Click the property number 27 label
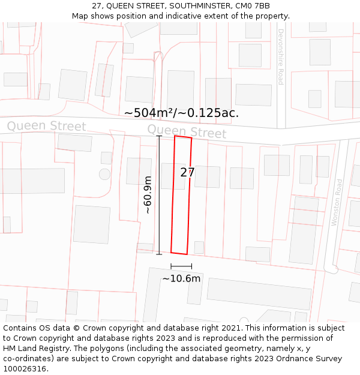(x=187, y=173)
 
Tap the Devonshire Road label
(x=280, y=57)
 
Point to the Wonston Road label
(x=337, y=202)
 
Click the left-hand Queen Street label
(x=46, y=126)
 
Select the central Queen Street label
(x=187, y=131)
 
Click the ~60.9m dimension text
(x=148, y=195)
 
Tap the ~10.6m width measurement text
(x=181, y=278)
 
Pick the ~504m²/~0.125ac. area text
(x=181, y=113)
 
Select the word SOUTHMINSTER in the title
(x=198, y=6)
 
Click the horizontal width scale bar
(x=181, y=266)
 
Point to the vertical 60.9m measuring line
(x=159, y=195)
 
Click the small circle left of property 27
(x=105, y=174)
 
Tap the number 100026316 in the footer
(x=25, y=369)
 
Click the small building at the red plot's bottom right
(x=199, y=247)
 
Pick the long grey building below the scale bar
(x=259, y=293)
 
